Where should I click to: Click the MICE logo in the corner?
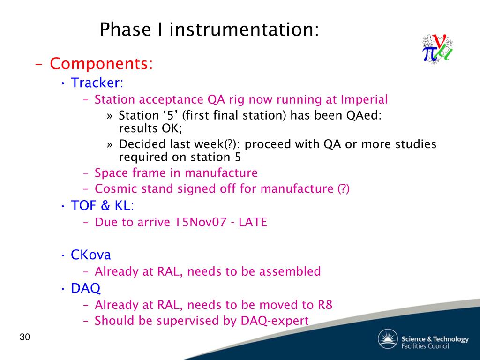tap(437, 49)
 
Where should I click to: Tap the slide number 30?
tap(25, 337)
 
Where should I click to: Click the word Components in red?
tap(101, 64)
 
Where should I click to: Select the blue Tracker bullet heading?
tap(97, 82)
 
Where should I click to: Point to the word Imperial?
tap(364, 100)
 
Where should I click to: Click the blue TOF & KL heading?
tap(102, 205)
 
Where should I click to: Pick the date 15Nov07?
tap(201, 222)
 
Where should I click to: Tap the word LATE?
tap(253, 222)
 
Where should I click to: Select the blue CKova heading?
tap(90, 255)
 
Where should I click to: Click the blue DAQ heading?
tap(85, 288)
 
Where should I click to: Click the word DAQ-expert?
tap(275, 321)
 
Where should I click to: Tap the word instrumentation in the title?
tap(244, 30)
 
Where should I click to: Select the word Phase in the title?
tap(126, 30)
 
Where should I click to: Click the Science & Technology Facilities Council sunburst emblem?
tap(388, 339)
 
